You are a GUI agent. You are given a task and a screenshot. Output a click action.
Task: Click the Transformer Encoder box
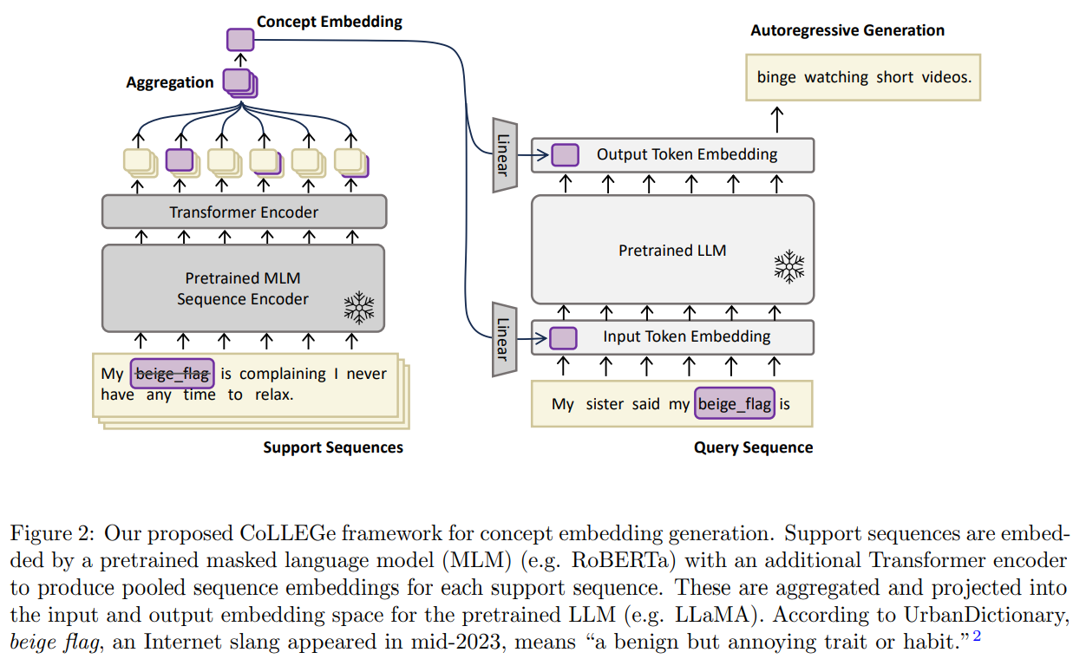(x=244, y=212)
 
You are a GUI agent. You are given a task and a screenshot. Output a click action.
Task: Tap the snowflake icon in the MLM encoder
(x=358, y=307)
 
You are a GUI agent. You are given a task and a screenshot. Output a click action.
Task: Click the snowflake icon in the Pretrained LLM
(x=788, y=265)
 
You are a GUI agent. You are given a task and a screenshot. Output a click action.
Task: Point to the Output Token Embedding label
(x=686, y=154)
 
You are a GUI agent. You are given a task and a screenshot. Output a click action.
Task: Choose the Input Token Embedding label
(x=686, y=336)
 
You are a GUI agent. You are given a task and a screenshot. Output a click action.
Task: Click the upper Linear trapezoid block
(x=504, y=154)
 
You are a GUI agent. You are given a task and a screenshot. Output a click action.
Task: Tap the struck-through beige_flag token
(x=172, y=374)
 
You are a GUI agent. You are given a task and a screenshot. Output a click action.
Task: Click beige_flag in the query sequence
(x=734, y=404)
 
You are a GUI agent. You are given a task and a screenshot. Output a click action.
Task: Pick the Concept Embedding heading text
(x=330, y=22)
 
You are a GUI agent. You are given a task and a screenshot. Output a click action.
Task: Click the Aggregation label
(x=170, y=82)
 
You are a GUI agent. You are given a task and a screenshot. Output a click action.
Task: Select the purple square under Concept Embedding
(x=240, y=40)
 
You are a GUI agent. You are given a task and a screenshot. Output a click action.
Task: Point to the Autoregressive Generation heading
(x=847, y=30)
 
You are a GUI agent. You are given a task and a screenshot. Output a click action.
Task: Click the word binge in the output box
(x=776, y=77)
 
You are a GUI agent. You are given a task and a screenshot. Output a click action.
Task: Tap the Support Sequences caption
(x=333, y=447)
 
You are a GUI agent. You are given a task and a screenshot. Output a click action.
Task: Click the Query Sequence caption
(x=753, y=447)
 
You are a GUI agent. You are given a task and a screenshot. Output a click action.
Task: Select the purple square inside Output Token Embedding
(x=565, y=155)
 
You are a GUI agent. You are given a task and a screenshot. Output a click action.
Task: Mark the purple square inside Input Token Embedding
(x=564, y=336)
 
